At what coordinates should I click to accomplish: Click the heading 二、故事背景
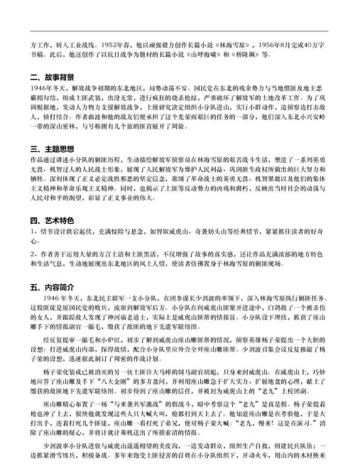click(x=53, y=75)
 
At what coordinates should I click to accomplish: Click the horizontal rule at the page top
click(x=180, y=31)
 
